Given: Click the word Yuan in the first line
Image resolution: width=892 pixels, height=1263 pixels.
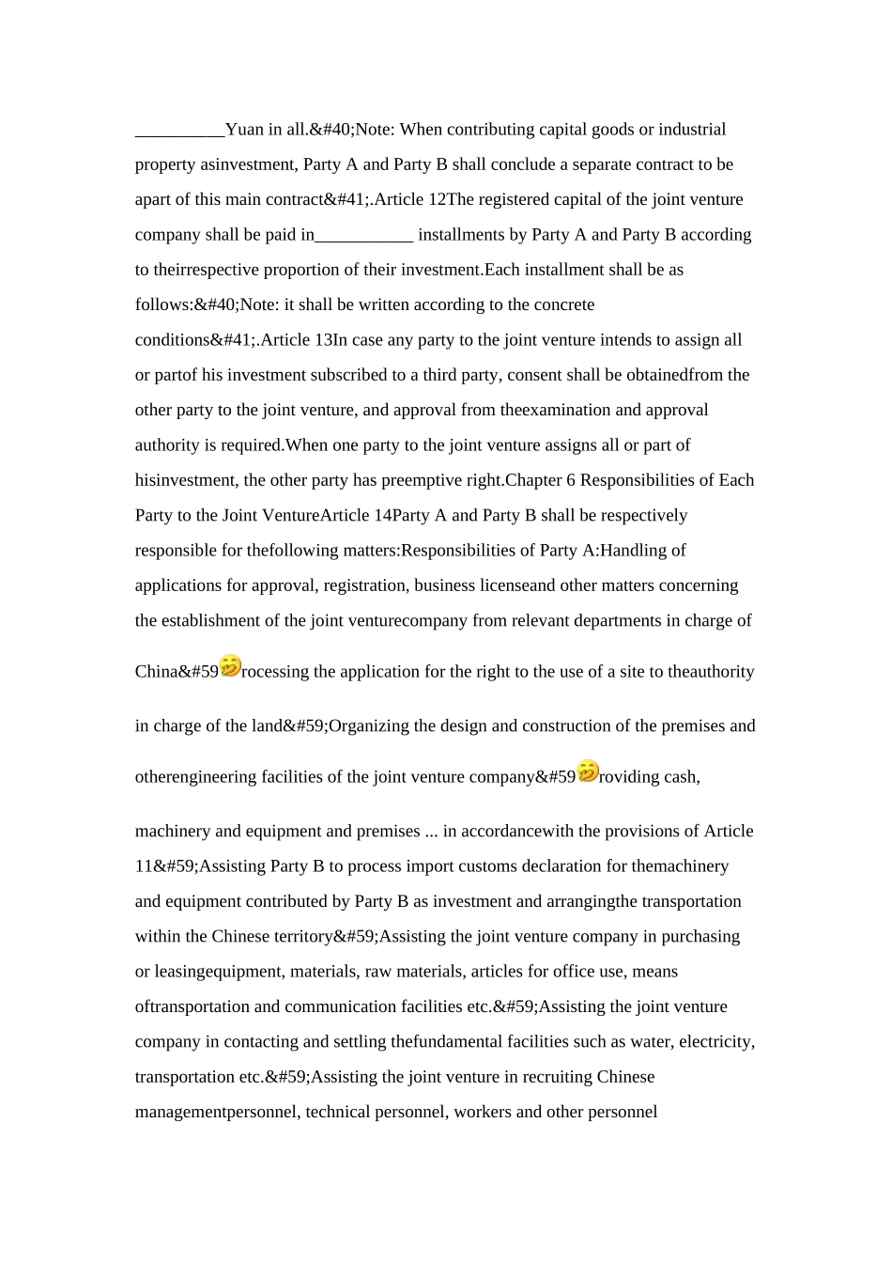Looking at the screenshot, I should point(245,130).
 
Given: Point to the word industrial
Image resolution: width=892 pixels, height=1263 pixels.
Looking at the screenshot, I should point(692,130).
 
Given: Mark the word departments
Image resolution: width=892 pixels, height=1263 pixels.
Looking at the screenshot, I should point(654,620).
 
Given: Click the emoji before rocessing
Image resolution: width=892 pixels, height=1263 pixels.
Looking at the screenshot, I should point(230,666).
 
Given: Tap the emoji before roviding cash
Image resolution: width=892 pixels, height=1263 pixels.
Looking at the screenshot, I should point(588,772).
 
